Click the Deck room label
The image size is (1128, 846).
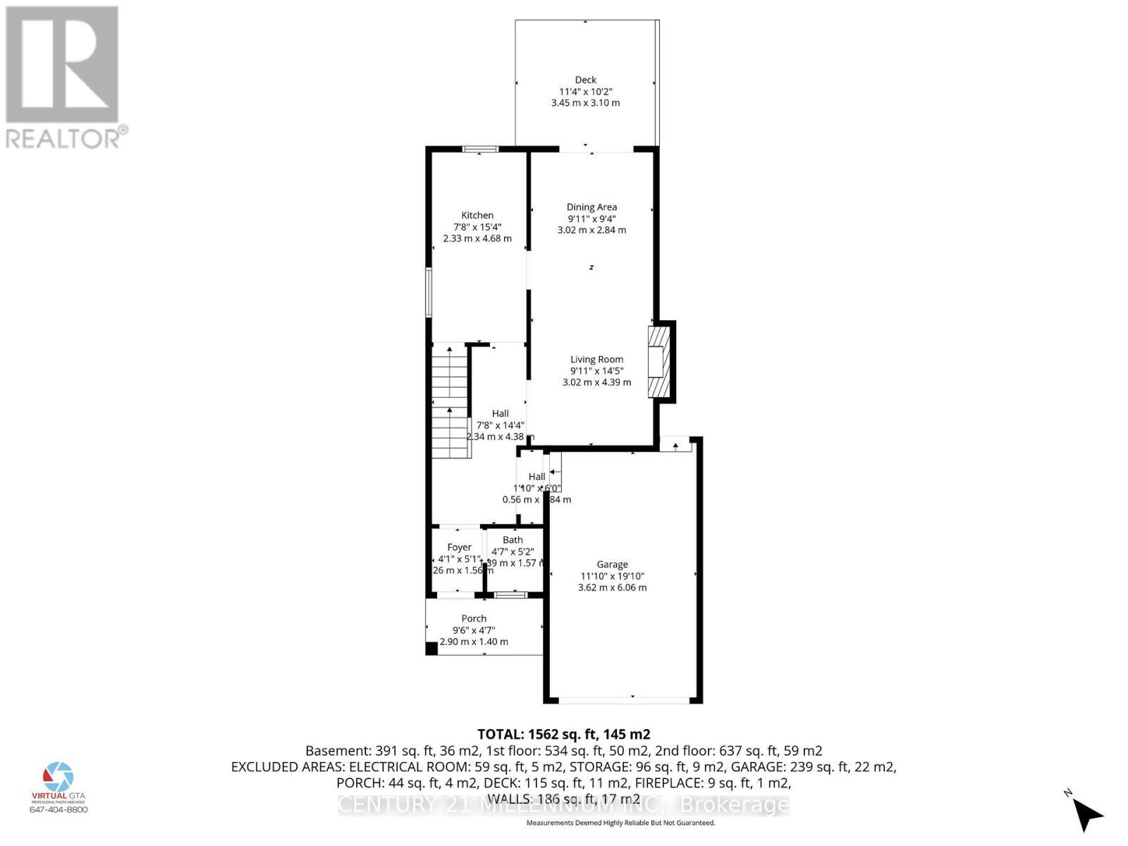(585, 80)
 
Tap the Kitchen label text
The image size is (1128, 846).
(477, 216)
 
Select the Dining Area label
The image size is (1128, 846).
(591, 207)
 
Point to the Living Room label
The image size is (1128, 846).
(596, 360)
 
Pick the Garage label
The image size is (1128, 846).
(612, 565)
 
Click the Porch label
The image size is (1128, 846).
(474, 619)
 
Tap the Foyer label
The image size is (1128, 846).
(459, 548)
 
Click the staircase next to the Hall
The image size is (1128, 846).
(450, 402)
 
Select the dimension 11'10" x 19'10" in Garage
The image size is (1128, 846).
(612, 576)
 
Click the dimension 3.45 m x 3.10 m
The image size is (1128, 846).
(585, 103)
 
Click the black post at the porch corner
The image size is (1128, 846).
(431, 649)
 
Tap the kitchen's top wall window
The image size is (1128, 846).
(480, 149)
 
